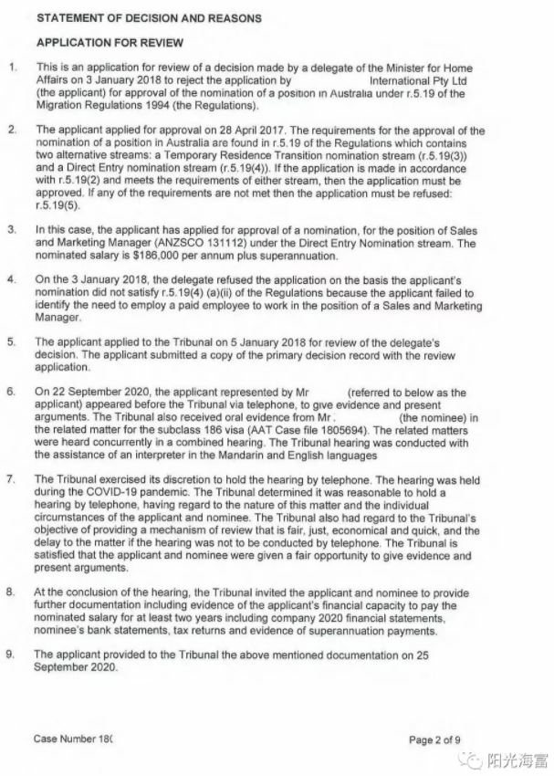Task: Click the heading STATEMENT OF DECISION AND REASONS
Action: coord(148,18)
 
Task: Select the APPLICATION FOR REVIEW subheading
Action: coord(109,43)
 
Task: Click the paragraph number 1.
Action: coord(12,68)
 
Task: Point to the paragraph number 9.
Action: coord(12,655)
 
